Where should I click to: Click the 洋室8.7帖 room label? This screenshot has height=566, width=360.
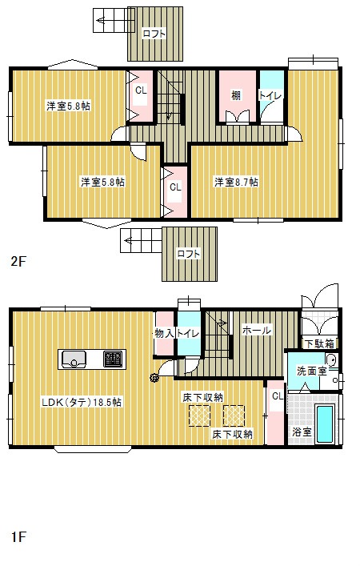coord(236,183)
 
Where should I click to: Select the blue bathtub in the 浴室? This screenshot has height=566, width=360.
coord(326,423)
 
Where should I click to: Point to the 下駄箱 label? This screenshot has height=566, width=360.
coord(320,343)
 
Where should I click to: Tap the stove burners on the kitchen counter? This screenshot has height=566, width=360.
coord(112,359)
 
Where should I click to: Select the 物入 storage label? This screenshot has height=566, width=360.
coord(164,332)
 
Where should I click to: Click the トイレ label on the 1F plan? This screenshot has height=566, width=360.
coord(187,332)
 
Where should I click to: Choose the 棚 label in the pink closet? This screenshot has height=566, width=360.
coord(237,95)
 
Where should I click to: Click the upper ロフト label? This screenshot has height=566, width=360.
coord(154,34)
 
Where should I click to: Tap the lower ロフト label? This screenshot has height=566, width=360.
coord(189,254)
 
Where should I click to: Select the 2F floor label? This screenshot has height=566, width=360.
coord(18,261)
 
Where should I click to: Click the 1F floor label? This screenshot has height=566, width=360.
coord(18,536)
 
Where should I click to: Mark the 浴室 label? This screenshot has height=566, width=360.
coord(302,432)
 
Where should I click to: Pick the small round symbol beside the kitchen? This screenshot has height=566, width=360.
coord(153,379)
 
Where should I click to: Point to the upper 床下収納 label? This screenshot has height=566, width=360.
coord(202,397)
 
